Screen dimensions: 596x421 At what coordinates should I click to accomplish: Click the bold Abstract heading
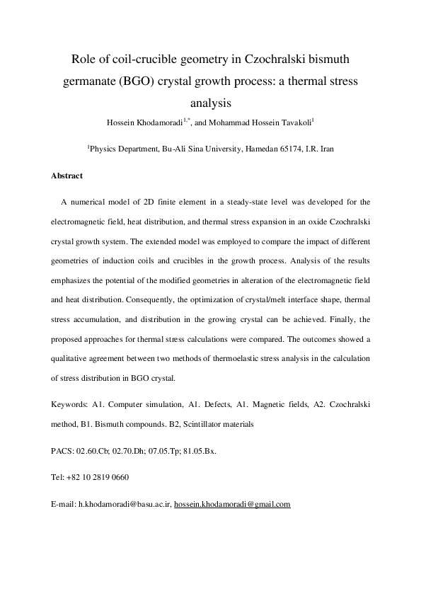click(x=67, y=176)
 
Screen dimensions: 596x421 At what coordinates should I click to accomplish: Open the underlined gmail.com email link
click(x=232, y=505)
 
